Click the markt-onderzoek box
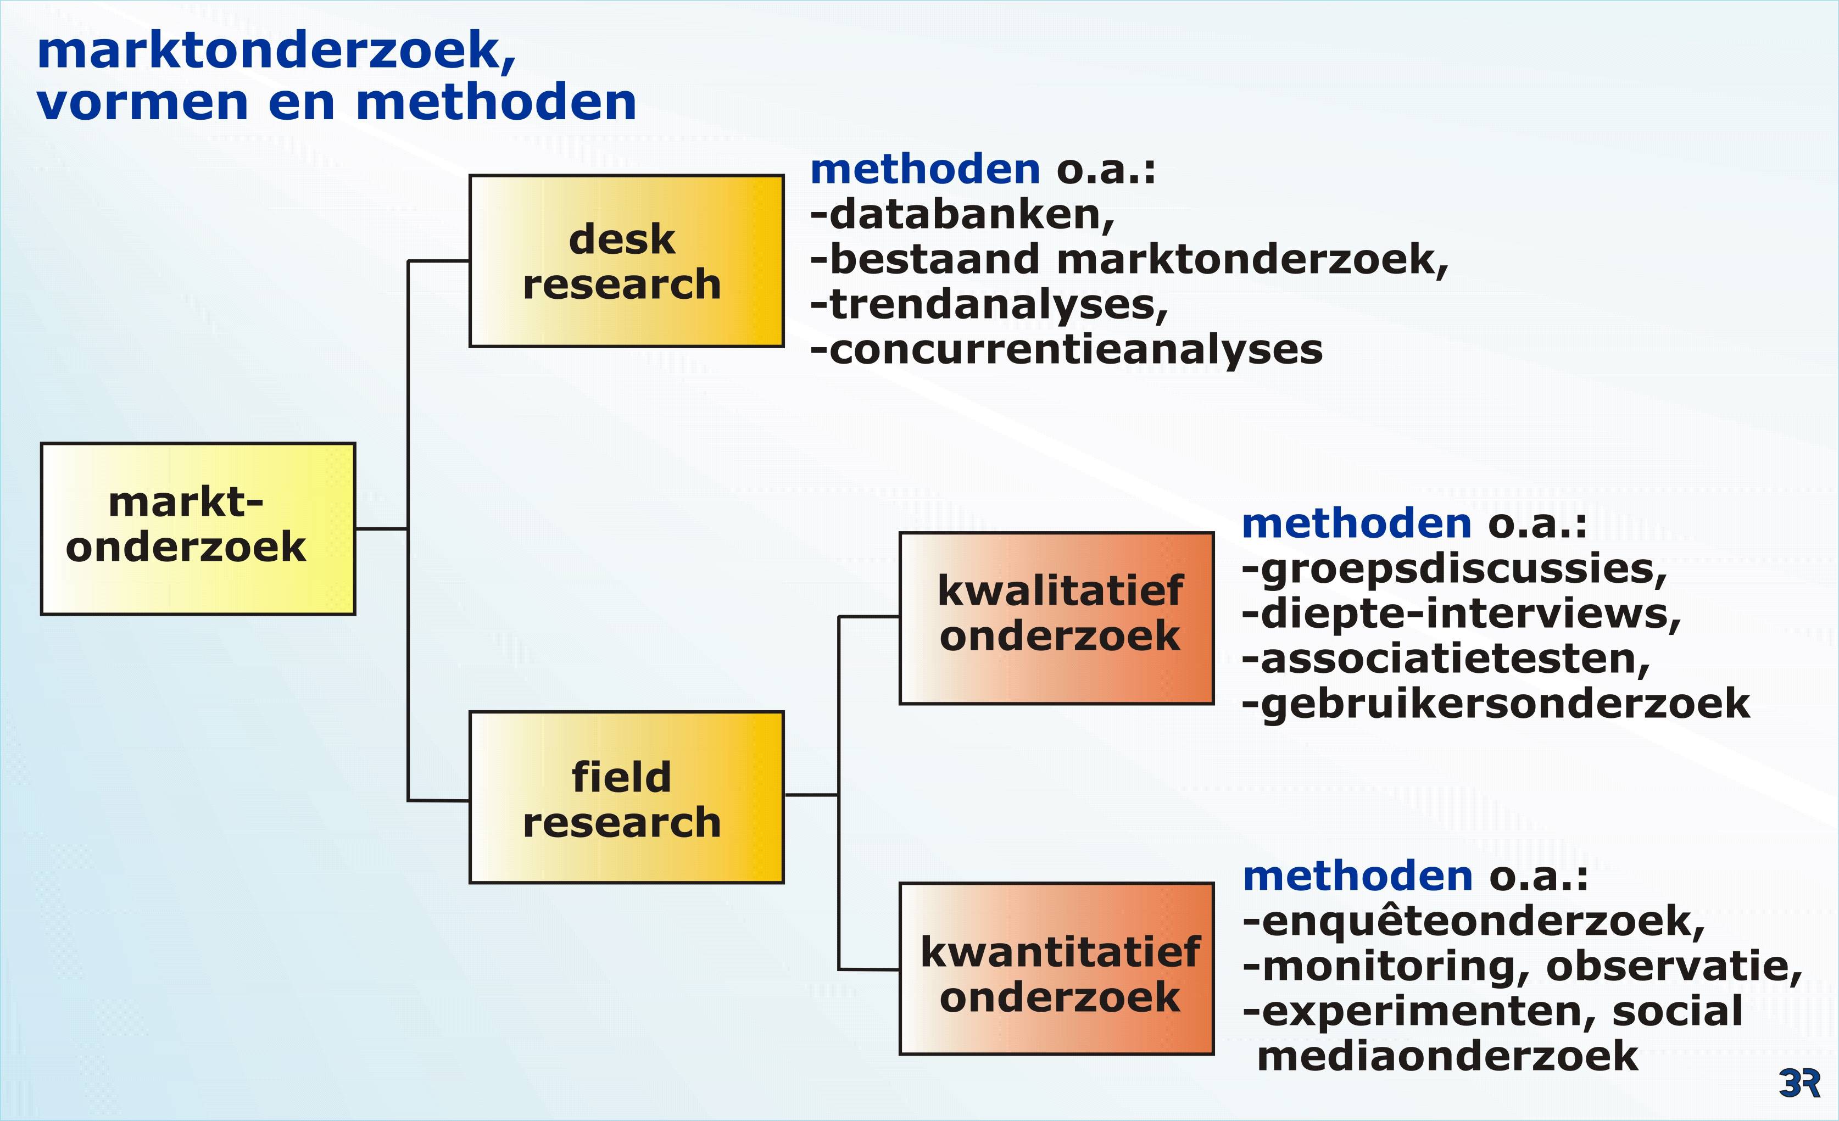(198, 528)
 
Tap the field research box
(626, 797)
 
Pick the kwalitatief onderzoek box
(1056, 618)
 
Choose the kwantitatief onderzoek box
(1056, 969)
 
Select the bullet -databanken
(962, 215)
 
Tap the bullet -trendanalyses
(989, 306)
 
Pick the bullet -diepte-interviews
(1461, 614)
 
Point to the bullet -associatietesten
(1446, 659)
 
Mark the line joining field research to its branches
(811, 795)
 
